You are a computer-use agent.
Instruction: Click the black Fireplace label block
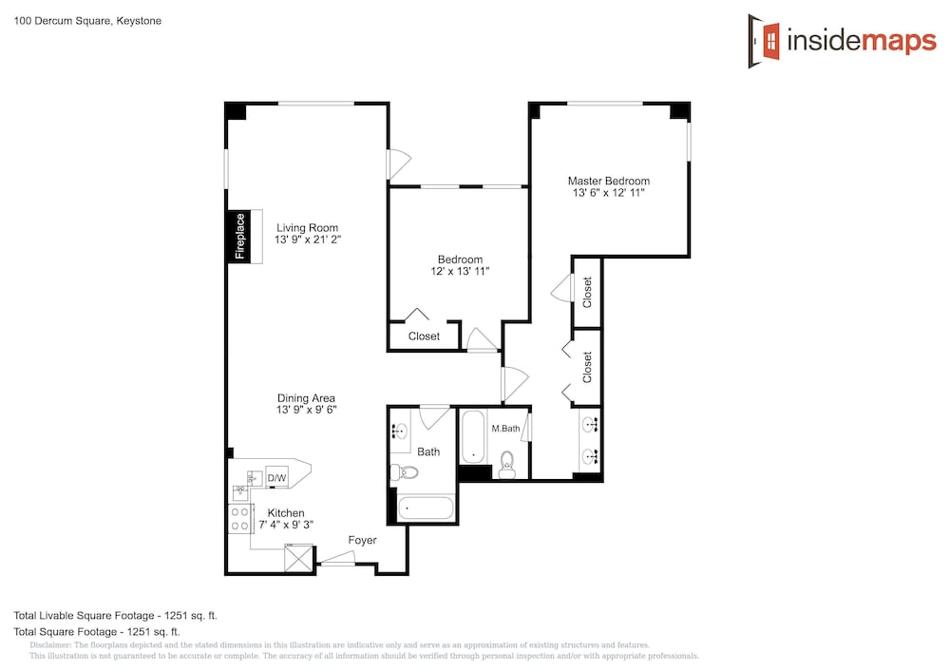(238, 236)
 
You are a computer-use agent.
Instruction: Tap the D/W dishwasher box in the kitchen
(276, 478)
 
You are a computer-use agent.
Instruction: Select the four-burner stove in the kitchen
(240, 519)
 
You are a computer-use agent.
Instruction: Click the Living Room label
(307, 228)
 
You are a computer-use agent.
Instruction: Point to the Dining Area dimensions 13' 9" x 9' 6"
(307, 410)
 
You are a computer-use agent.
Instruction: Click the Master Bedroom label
(608, 181)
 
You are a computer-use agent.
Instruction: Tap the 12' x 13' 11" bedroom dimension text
(460, 272)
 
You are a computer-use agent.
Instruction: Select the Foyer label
(362, 540)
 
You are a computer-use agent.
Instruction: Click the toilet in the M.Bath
(507, 464)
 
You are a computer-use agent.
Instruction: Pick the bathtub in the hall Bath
(426, 509)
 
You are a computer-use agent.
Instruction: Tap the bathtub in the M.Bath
(472, 437)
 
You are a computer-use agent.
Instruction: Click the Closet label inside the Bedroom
(424, 336)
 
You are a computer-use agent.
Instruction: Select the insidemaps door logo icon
(764, 41)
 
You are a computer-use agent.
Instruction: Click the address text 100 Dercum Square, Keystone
(87, 21)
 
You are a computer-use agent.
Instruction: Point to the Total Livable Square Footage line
(116, 616)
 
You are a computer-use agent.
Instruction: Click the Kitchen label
(286, 512)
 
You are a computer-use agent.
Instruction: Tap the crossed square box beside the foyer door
(299, 558)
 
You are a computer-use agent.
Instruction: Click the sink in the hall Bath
(399, 432)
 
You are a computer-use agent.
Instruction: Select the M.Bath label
(505, 429)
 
